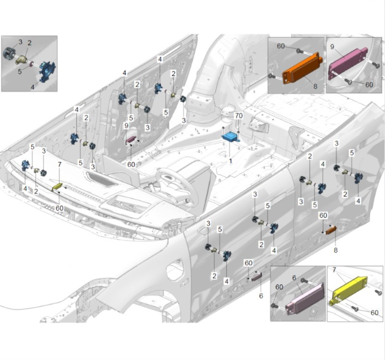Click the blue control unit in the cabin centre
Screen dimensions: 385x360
(x=231, y=137)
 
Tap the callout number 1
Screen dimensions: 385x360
(x=230, y=161)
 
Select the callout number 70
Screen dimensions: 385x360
(x=239, y=115)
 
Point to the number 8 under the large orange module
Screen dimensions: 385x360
(x=315, y=86)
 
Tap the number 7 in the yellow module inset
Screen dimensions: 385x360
(x=334, y=270)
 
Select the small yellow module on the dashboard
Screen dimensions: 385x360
(x=57, y=187)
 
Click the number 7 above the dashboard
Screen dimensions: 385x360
(x=60, y=164)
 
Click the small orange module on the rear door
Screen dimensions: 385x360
(x=331, y=230)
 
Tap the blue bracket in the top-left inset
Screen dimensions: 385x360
(x=48, y=71)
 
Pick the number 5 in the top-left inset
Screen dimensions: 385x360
(x=20, y=72)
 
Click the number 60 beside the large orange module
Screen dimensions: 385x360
(x=281, y=46)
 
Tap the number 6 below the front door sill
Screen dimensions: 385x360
(x=261, y=296)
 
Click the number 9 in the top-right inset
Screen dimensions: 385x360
(x=332, y=47)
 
